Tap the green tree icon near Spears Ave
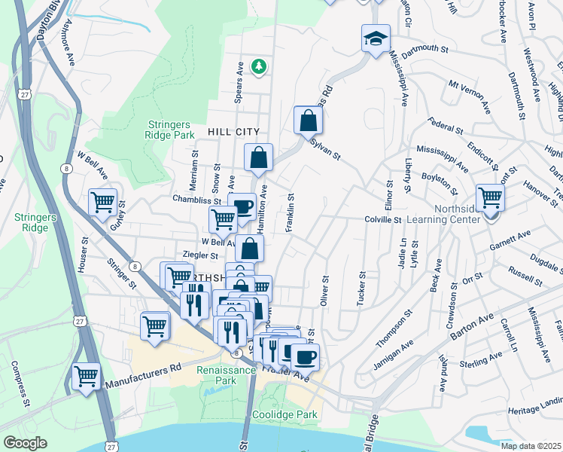click(x=259, y=67)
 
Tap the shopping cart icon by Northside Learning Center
click(x=490, y=198)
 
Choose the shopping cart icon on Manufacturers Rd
click(x=87, y=376)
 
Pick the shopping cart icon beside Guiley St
click(x=102, y=202)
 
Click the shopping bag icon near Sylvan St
click(x=308, y=119)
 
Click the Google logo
click(x=25, y=442)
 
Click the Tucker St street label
click(x=362, y=289)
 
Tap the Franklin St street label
click(x=290, y=211)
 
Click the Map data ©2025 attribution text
click(x=531, y=446)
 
